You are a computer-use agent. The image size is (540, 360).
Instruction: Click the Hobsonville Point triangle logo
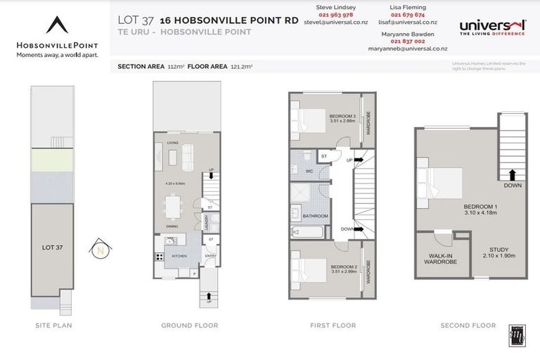tap(58, 26)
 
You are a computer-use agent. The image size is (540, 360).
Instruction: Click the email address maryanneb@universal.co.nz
tap(407, 49)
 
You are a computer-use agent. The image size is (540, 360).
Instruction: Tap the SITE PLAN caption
tap(53, 326)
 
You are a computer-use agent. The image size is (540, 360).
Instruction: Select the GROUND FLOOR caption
tap(189, 326)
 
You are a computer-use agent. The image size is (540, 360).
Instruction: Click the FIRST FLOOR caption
tap(333, 326)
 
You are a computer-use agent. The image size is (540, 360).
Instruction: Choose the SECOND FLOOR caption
tap(468, 326)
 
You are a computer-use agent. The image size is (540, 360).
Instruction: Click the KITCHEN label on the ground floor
tap(178, 256)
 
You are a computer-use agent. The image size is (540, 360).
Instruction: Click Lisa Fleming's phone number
tap(407, 14)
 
